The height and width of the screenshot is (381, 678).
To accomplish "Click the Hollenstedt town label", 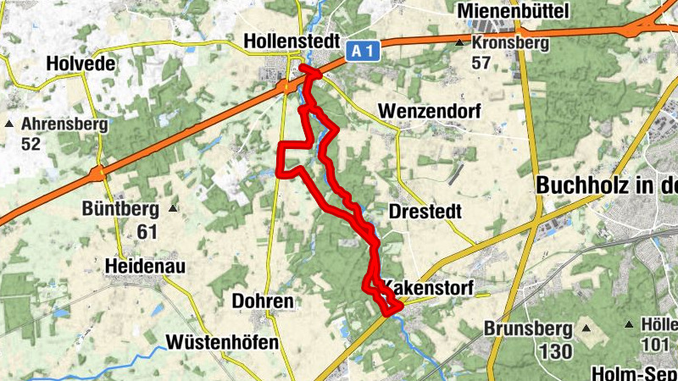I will pos(291,41).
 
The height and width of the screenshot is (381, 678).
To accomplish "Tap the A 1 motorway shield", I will pos(362,52).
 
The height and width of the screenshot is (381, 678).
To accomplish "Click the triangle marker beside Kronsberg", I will pos(459,42).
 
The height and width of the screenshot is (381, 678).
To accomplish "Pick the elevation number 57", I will pos(481,62).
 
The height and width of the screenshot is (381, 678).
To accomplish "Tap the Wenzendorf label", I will pos(430,112).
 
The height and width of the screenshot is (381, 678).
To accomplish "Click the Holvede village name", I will pos(79,63).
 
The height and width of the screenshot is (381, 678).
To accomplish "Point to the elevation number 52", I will pos(31,144).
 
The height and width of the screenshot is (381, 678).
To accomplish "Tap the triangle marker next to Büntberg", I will pos(174,208).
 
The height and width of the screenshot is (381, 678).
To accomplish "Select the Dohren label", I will pos(263,301).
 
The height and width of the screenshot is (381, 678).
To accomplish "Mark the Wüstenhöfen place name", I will pos(223,342).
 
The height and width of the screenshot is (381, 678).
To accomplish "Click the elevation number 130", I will pos(554,350).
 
